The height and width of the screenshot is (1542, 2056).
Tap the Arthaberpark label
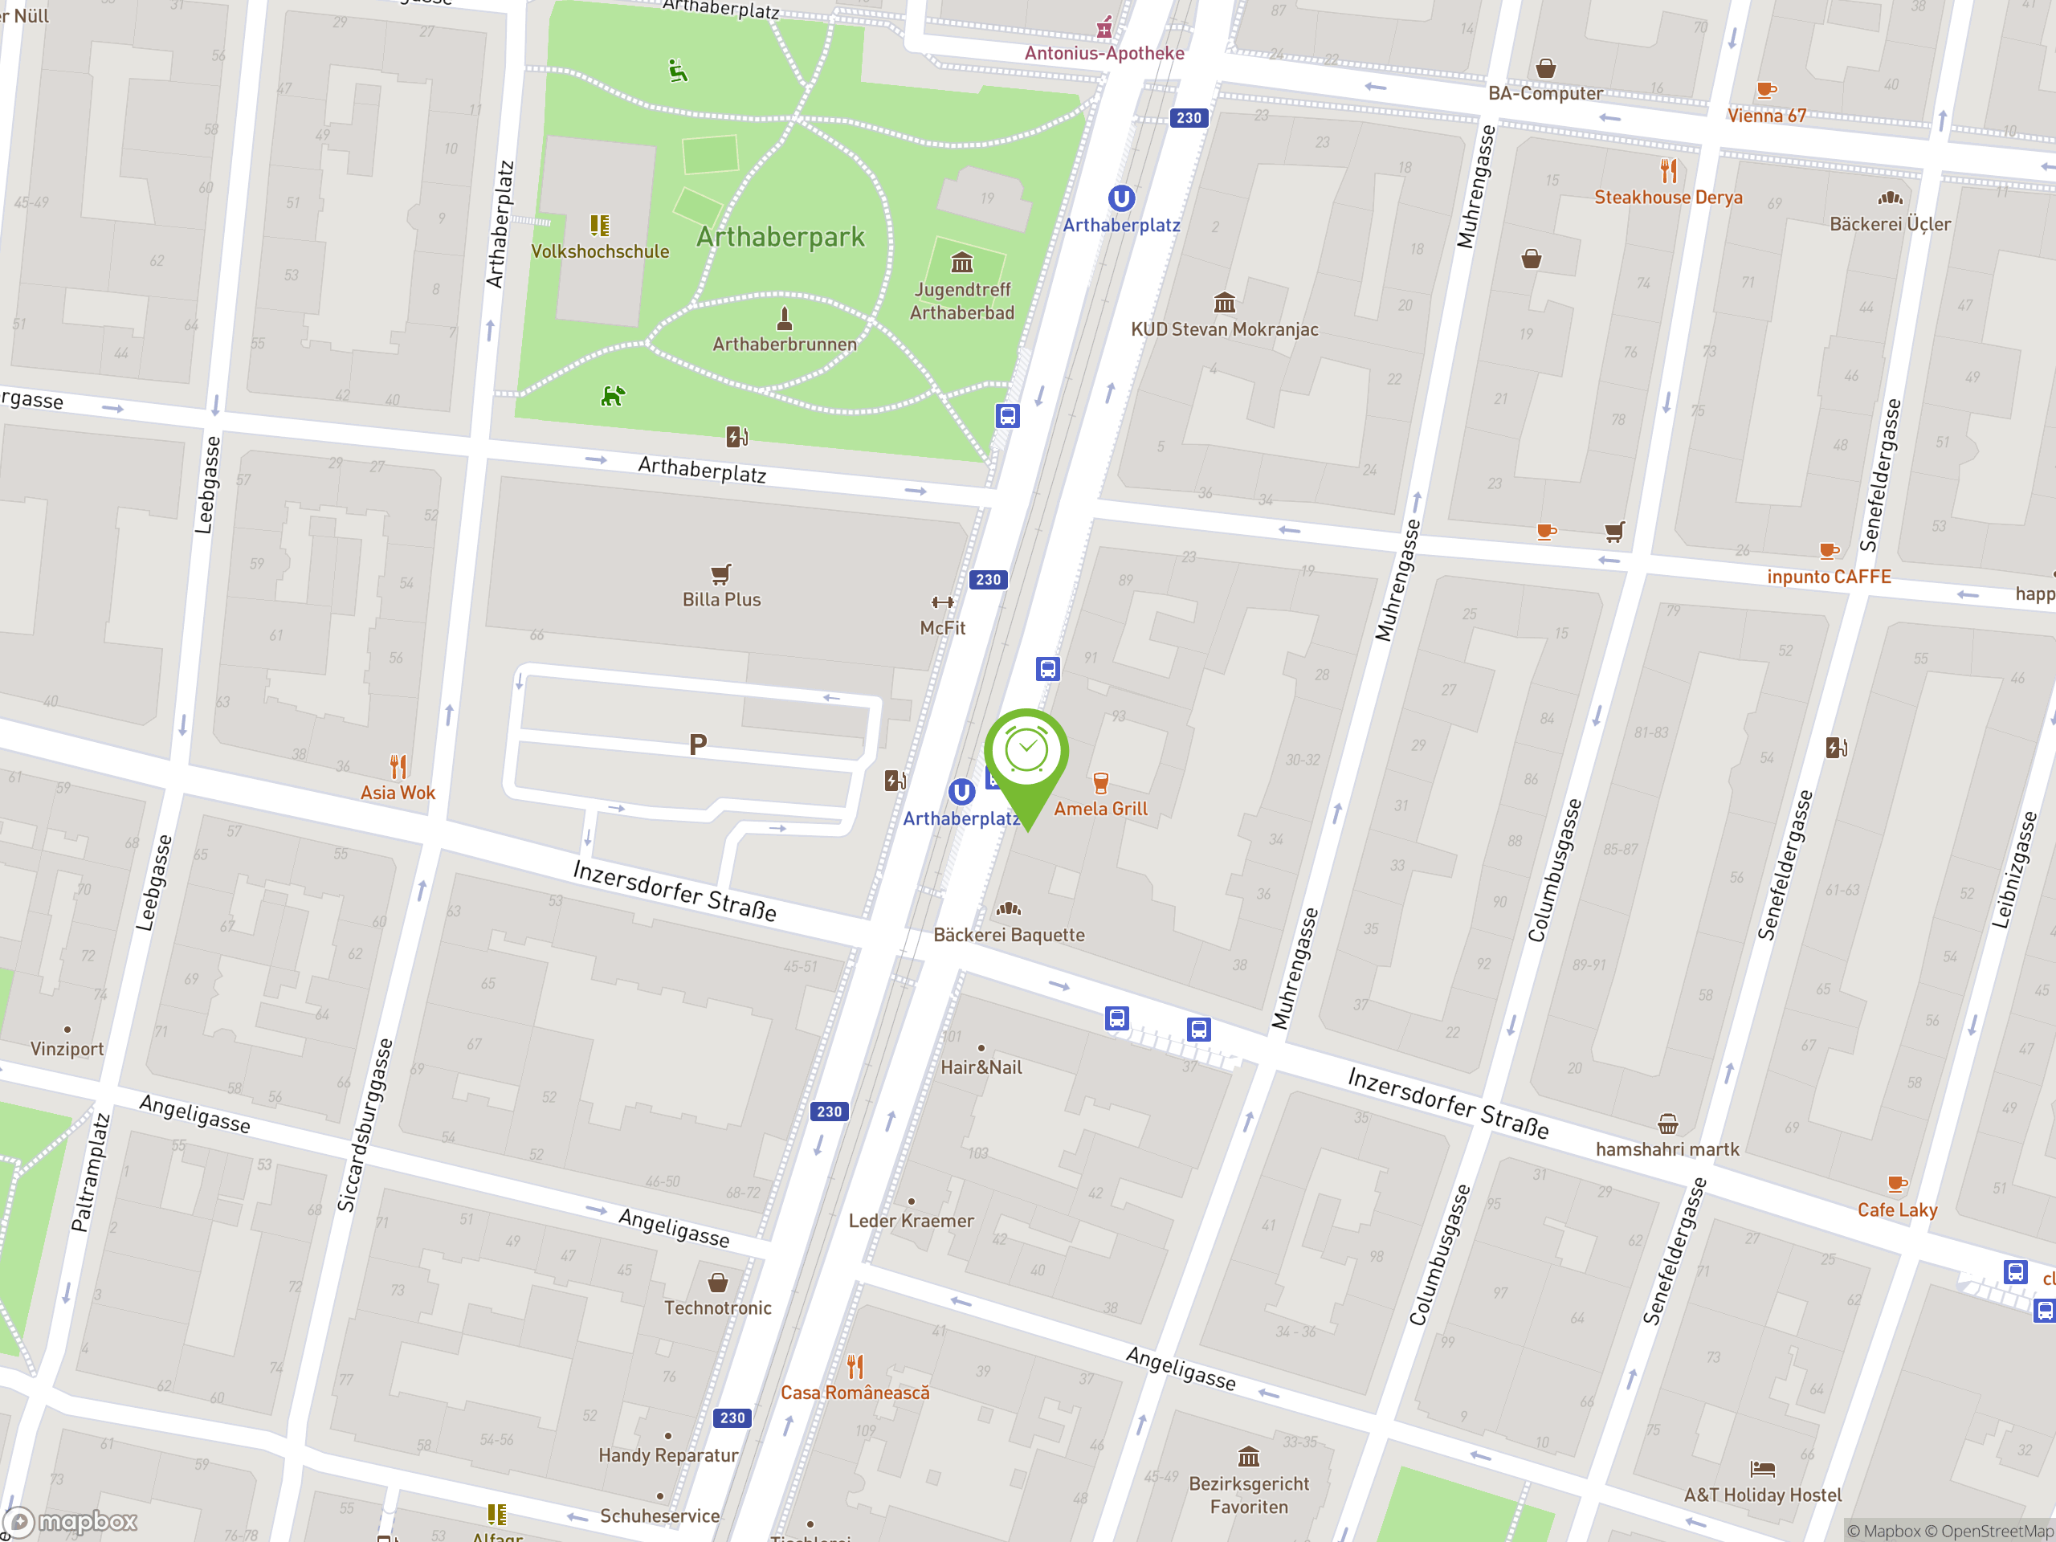tap(780, 238)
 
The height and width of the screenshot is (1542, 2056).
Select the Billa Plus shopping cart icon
tap(721, 573)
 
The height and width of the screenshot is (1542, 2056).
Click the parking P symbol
tap(698, 744)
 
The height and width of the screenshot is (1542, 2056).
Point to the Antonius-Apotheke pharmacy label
tap(1104, 53)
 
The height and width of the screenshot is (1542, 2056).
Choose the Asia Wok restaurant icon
tap(398, 767)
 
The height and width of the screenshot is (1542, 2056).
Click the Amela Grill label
tap(1100, 809)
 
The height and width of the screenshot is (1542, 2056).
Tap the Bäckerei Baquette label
tap(1009, 935)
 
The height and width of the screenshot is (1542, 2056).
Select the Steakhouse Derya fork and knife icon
tap(1668, 171)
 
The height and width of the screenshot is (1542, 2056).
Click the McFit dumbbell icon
tap(943, 602)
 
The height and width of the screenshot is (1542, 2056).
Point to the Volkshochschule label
tap(599, 251)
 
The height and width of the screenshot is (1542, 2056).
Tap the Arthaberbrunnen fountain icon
tap(785, 319)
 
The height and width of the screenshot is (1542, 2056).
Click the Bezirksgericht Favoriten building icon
tap(1248, 1455)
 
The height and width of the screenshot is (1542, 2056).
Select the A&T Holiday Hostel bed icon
tap(1762, 1469)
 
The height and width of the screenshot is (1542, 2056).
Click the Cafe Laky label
tap(1897, 1210)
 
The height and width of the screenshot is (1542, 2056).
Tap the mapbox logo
tap(71, 1522)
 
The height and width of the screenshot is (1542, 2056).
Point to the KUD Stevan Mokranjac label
tap(1224, 329)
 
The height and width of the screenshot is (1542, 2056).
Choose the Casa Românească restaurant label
tap(855, 1393)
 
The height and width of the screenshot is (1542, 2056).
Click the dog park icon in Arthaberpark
tap(612, 396)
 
